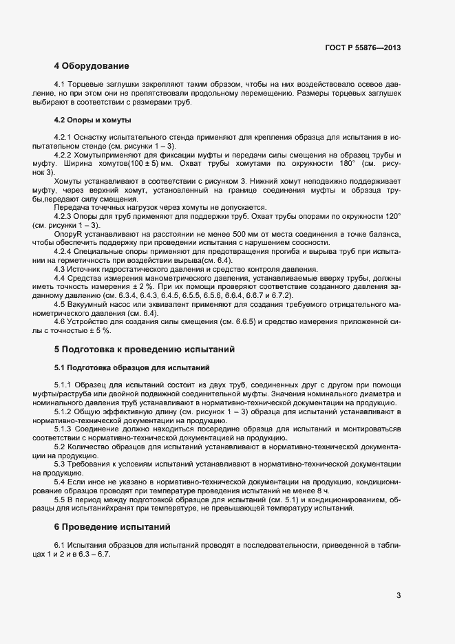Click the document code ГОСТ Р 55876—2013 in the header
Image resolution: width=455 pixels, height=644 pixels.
click(362, 48)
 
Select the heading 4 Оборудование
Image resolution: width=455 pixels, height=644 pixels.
click(92, 67)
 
